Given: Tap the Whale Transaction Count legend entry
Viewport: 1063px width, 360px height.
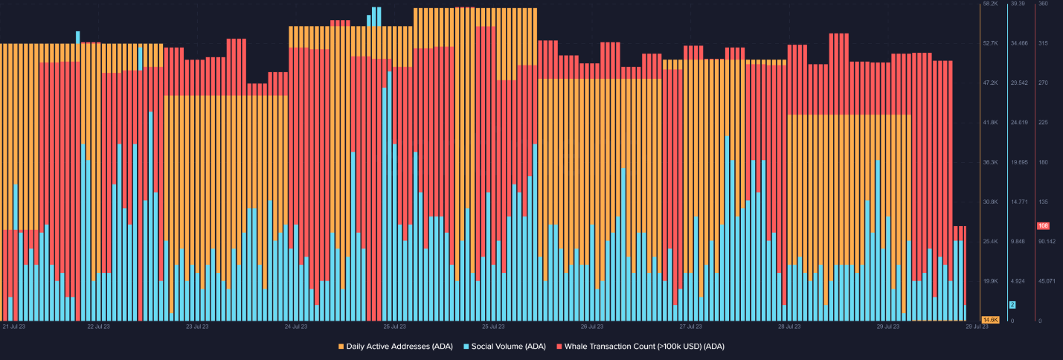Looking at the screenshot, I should coord(644,347).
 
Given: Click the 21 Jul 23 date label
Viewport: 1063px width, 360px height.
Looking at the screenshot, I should coord(15,327).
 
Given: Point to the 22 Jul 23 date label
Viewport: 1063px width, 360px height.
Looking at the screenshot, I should coord(98,327).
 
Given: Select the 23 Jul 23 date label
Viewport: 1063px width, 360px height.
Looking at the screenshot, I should coord(197,327).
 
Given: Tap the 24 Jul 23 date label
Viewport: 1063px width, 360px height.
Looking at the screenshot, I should coord(296,327).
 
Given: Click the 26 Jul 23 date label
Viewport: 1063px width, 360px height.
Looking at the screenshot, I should coord(592,327).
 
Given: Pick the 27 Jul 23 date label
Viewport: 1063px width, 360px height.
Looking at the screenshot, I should coord(691,327).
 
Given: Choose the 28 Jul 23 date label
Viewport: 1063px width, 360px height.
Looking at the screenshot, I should coord(789,327).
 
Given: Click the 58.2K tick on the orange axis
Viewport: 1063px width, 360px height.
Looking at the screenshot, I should coord(990,4).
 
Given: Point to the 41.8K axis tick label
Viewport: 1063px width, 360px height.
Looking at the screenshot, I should coord(990,122).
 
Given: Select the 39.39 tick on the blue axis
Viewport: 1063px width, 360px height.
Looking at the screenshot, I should coord(1018,4).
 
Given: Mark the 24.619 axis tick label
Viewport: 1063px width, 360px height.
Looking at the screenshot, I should coord(1018,122).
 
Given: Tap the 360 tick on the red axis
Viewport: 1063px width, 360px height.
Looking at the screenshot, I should coord(1043,4).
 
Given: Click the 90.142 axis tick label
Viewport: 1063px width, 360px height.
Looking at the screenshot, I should coord(1046,242).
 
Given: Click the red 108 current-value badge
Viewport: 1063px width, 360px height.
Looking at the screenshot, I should coord(1043,225).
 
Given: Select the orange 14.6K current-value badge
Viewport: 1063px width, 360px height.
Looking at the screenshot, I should coord(990,319).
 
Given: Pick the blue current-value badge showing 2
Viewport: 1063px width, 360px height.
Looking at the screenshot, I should coord(1012,305).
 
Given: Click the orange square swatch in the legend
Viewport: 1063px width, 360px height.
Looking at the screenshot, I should coord(341,347).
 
